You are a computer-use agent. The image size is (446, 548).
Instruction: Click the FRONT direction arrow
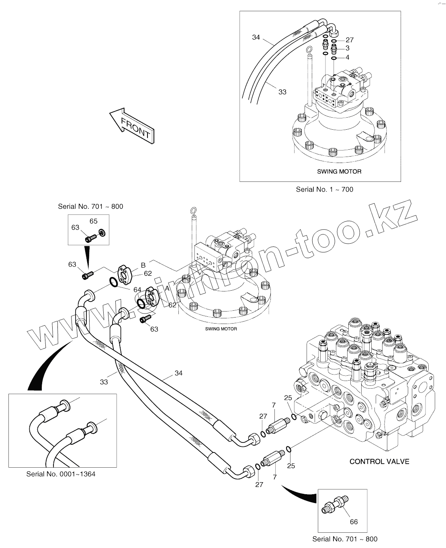[131, 125]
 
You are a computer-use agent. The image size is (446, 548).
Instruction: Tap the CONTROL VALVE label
[379, 461]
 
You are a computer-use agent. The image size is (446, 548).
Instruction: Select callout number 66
[354, 522]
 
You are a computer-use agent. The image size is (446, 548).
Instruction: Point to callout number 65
[93, 221]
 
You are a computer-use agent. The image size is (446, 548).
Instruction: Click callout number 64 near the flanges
[137, 289]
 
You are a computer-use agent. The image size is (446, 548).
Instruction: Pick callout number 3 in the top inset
[347, 48]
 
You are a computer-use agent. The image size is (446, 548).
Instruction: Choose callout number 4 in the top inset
[347, 57]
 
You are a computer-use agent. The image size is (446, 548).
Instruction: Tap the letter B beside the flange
[143, 265]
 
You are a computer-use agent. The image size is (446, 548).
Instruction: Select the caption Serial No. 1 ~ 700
[324, 189]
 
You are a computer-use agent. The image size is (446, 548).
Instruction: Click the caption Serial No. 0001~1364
[61, 474]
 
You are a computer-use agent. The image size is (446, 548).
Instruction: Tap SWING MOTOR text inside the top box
[339, 171]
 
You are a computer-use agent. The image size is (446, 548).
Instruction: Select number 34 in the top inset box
[256, 37]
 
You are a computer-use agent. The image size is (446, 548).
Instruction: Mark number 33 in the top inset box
[282, 92]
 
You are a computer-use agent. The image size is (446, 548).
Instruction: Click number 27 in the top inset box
[349, 40]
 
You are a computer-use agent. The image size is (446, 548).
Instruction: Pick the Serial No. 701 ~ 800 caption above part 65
[90, 207]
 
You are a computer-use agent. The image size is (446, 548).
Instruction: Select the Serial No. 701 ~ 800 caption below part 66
[345, 539]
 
